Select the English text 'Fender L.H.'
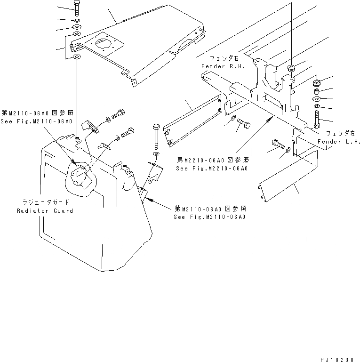[338, 142]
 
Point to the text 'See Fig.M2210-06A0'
[212, 168]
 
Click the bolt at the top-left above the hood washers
[77, 8]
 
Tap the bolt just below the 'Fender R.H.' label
[243, 124]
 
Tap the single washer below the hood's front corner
[77, 57]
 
